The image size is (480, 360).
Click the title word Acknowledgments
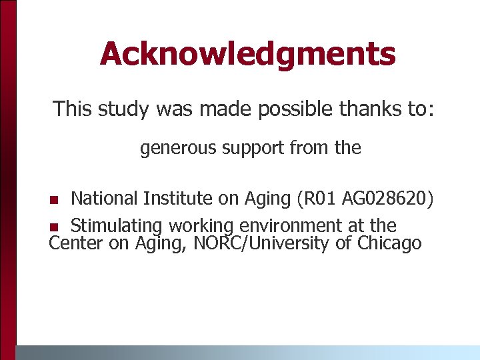tap(247, 54)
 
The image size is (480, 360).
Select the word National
tap(105, 199)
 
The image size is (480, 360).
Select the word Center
tap(76, 243)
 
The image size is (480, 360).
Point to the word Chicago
tap(389, 243)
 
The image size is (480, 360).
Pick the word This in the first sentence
tap(73, 109)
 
